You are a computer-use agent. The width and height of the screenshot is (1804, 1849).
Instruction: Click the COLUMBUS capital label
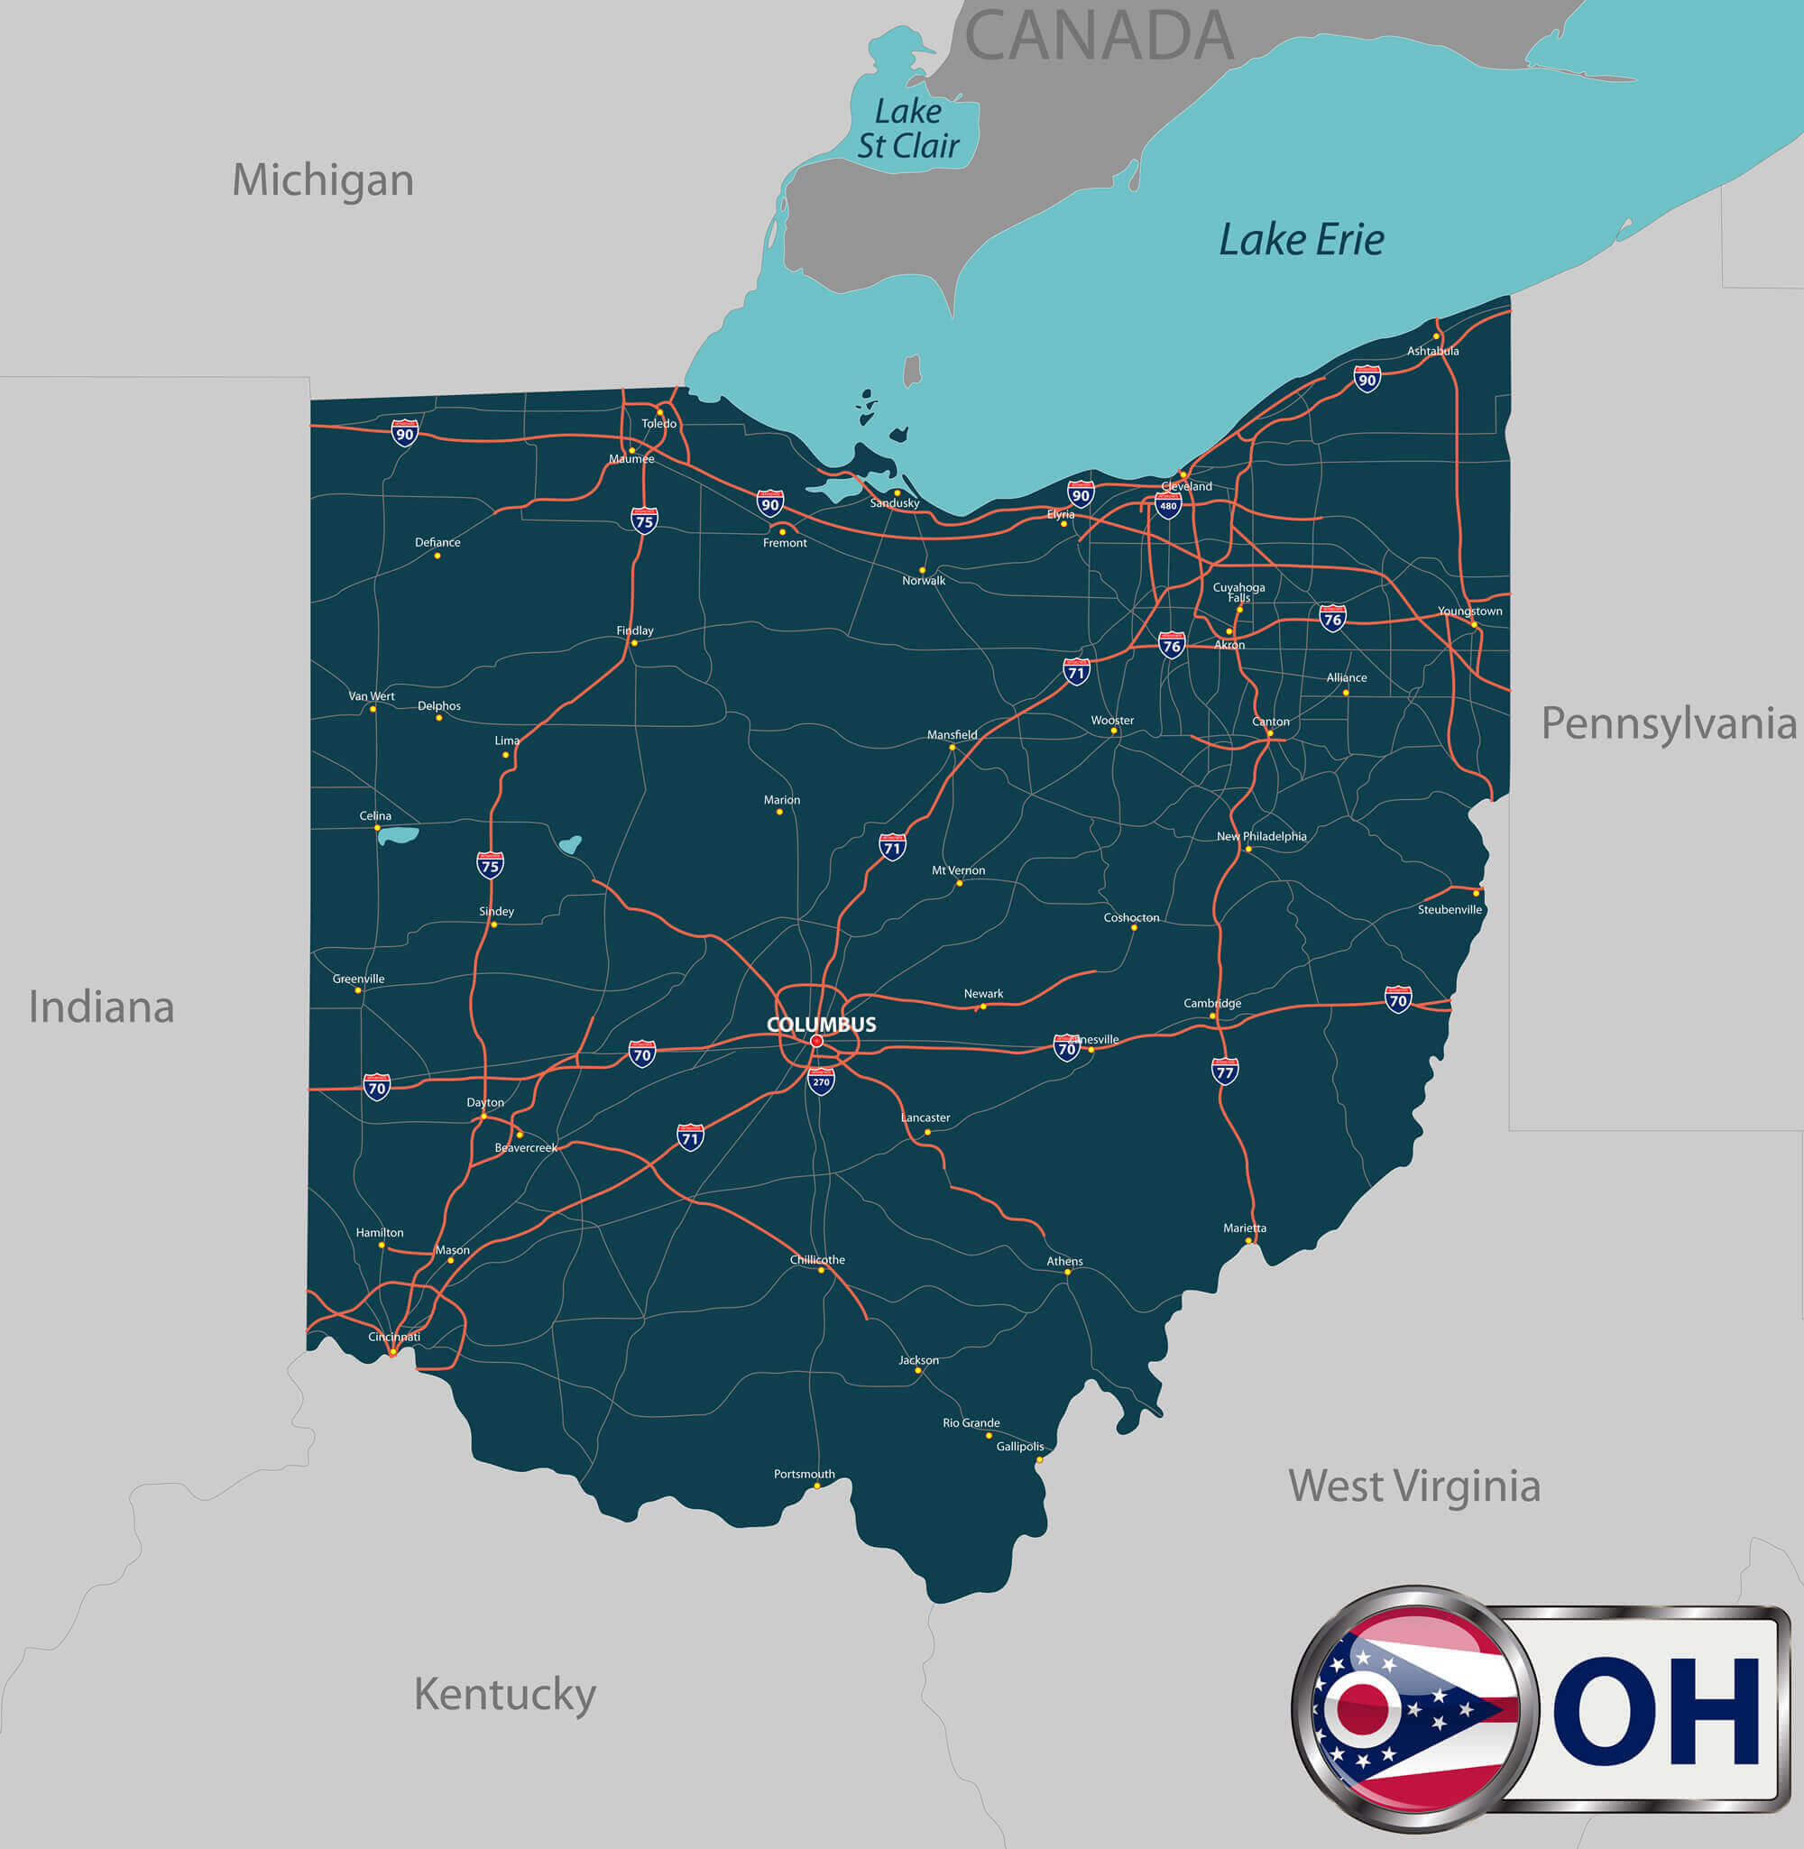(x=821, y=1024)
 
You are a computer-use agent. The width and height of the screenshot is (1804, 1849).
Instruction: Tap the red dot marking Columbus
(x=816, y=1041)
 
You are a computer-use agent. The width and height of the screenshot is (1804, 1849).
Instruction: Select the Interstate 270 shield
(x=822, y=1081)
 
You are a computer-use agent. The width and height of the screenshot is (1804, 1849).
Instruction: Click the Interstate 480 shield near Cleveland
(x=1168, y=506)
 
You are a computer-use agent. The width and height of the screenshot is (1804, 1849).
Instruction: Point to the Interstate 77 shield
(x=1225, y=1072)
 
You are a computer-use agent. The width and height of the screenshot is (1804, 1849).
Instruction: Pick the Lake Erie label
(x=1301, y=240)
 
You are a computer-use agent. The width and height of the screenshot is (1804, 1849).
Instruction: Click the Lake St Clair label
(x=907, y=129)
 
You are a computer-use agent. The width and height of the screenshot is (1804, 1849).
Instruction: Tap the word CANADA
(x=1098, y=36)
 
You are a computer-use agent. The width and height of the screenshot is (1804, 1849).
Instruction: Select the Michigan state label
(x=323, y=180)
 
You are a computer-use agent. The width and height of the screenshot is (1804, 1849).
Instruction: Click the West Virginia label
(x=1413, y=1486)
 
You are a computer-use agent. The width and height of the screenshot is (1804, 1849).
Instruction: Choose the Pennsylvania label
(x=1669, y=723)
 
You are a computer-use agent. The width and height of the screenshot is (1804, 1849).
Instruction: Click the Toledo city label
(x=658, y=423)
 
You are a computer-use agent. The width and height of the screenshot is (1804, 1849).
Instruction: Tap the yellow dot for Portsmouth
(x=816, y=1486)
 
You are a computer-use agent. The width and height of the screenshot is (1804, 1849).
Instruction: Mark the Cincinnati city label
(x=394, y=1337)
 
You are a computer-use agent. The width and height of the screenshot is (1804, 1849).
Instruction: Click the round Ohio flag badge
(x=1413, y=1705)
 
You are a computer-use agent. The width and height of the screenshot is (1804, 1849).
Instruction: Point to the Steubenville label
(x=1450, y=909)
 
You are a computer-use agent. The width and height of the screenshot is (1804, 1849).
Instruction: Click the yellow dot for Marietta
(x=1248, y=1240)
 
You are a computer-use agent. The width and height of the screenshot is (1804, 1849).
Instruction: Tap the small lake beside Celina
(x=399, y=835)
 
